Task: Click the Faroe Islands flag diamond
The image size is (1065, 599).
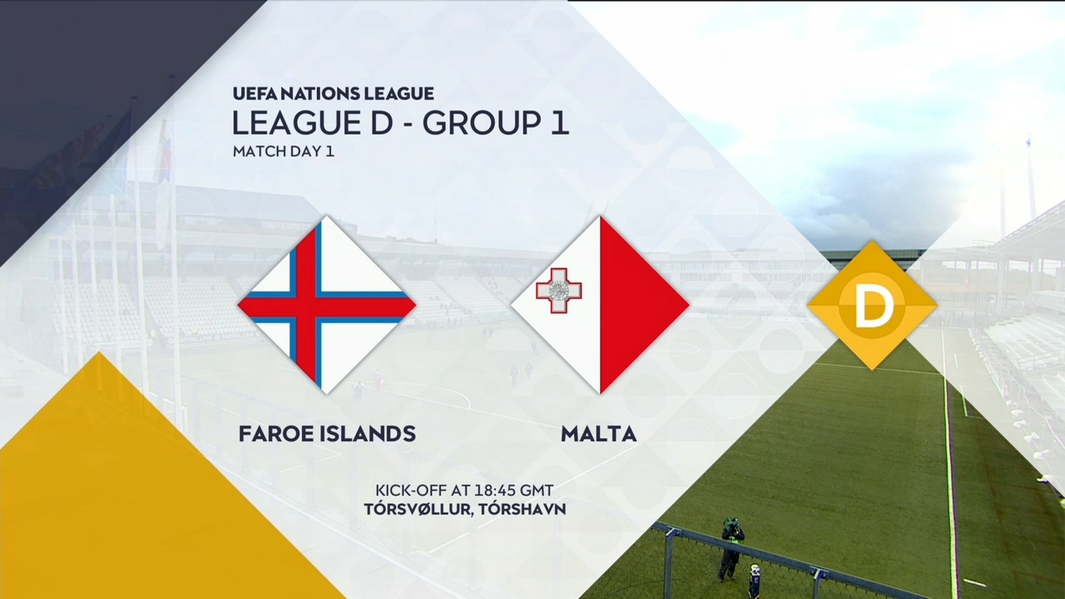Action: (327, 304)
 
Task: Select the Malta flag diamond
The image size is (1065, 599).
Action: (600, 304)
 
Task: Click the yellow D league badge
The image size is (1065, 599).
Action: (873, 305)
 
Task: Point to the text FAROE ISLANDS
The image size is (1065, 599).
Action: (327, 434)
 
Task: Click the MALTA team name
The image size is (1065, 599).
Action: (599, 434)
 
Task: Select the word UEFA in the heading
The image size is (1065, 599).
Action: (255, 93)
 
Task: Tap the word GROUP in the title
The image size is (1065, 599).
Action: (481, 123)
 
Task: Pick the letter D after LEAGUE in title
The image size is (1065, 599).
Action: (381, 123)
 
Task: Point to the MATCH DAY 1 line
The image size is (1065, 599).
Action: (283, 151)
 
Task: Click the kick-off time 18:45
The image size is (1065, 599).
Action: (495, 490)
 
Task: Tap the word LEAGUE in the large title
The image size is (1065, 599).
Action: (297, 123)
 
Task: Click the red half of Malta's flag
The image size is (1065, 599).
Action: (638, 304)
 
